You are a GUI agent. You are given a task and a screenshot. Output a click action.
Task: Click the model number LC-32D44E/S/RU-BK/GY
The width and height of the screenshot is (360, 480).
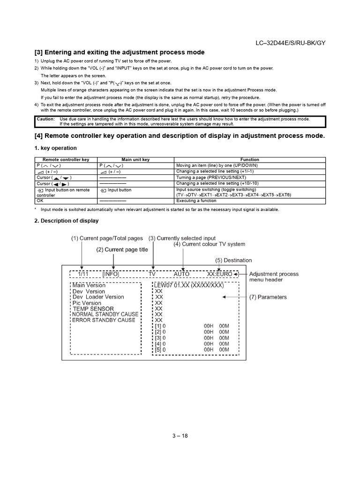(x=290, y=43)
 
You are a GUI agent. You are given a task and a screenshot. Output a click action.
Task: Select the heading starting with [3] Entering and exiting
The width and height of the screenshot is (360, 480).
(x=120, y=52)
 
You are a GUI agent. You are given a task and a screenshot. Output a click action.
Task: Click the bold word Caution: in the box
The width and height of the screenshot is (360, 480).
(x=45, y=119)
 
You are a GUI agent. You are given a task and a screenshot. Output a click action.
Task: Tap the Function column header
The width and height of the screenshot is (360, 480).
(x=249, y=159)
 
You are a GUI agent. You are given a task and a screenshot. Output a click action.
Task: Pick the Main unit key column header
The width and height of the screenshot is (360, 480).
(x=135, y=159)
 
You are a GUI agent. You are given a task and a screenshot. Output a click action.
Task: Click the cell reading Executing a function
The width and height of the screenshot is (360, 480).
(x=196, y=201)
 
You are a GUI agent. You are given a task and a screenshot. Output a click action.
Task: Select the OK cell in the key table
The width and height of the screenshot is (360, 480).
(x=40, y=201)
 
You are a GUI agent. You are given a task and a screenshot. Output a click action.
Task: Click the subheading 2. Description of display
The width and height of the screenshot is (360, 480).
(x=66, y=221)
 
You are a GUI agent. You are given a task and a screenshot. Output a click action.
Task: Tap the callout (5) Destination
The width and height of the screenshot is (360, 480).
(x=233, y=260)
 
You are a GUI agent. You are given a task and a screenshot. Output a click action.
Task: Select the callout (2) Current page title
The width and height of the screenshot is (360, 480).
(x=122, y=250)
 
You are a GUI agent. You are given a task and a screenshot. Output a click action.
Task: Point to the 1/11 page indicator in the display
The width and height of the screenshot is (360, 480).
(x=83, y=274)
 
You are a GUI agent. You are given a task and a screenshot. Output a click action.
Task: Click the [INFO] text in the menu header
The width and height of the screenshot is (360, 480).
(x=111, y=274)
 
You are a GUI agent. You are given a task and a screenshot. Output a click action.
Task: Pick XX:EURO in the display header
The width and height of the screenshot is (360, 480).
(x=219, y=274)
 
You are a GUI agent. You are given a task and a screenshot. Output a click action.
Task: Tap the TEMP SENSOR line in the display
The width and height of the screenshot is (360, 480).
(x=93, y=309)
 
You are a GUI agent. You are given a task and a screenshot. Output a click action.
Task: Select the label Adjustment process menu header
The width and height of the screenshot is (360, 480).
(x=274, y=277)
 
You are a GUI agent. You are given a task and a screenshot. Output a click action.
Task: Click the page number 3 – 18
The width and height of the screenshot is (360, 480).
(x=180, y=435)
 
